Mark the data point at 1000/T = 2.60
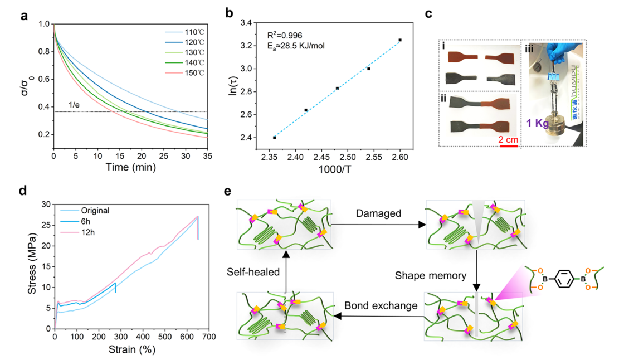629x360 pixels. pos(400,40)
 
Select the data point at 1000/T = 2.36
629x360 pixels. pos(275,138)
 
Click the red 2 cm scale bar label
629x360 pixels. pos(508,138)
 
